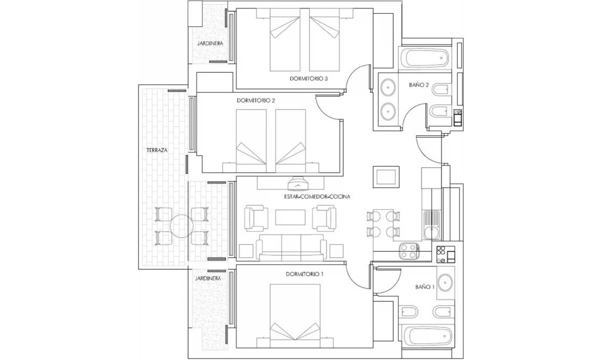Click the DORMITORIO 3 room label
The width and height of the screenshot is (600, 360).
[x=310, y=79]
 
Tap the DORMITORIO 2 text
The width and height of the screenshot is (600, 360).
[x=256, y=100]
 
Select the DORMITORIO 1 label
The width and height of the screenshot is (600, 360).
[x=305, y=274]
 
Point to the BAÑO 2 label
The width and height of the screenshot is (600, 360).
[x=419, y=84]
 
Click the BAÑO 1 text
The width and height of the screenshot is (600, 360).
[x=425, y=287]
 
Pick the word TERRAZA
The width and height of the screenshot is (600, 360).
[x=157, y=150]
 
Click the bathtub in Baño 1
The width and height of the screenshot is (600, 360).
[x=427, y=336]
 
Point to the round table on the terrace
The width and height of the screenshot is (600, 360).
[x=181, y=225]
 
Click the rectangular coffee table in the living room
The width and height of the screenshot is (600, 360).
[x=290, y=217]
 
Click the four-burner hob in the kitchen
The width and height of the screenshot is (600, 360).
[x=410, y=251]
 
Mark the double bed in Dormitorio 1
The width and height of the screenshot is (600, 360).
[x=296, y=314]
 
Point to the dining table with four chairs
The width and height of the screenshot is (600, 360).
[x=383, y=224]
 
